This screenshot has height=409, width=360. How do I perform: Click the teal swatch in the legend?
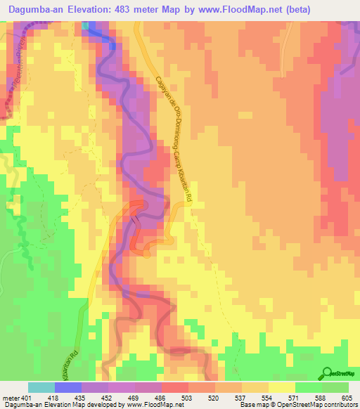click(41, 387)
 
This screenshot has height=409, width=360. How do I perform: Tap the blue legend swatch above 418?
click(68, 387)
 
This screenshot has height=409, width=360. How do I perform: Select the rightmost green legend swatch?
click(335, 387)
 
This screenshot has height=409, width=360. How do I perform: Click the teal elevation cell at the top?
click(85, 25)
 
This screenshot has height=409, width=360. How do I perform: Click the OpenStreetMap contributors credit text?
click(316, 405)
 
